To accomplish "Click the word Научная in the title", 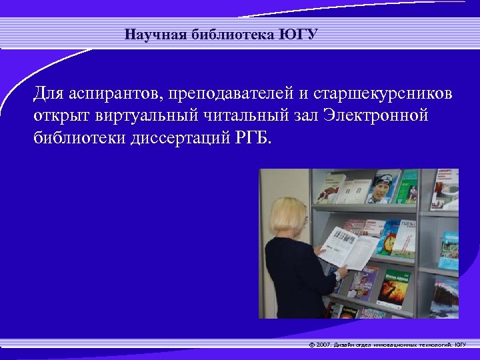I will click(149, 34).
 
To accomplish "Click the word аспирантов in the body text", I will click(107, 95).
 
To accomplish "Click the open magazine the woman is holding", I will click(349, 247).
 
